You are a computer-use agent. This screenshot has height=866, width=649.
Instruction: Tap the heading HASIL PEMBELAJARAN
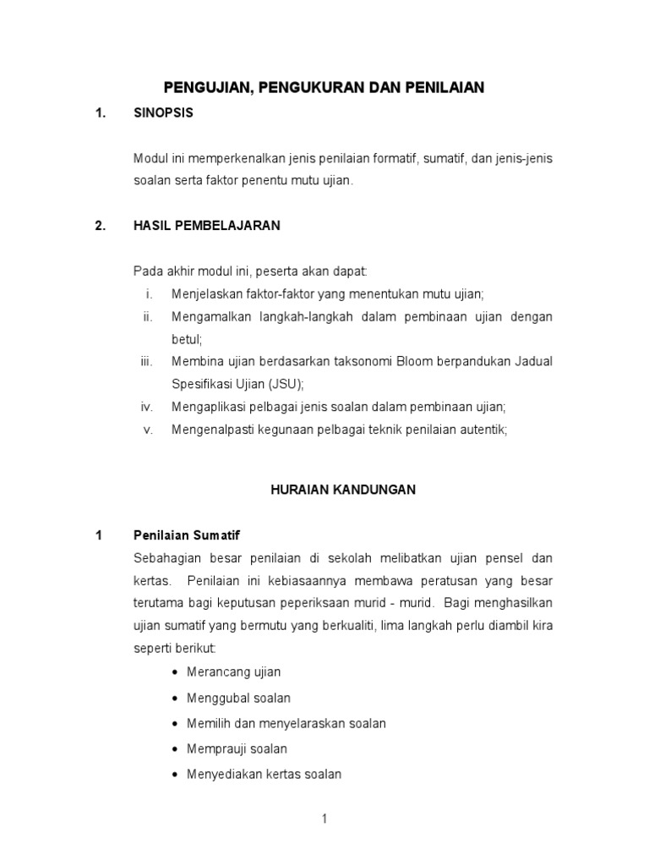click(x=207, y=226)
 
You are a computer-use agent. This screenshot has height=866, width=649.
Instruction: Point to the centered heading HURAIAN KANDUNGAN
click(x=343, y=490)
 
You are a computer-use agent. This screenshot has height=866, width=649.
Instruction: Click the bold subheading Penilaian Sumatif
click(x=188, y=535)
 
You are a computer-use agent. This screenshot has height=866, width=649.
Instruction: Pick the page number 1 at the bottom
click(x=324, y=819)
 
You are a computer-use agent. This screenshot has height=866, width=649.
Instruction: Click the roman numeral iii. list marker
click(x=146, y=361)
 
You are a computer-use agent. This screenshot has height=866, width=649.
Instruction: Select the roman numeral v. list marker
click(x=148, y=429)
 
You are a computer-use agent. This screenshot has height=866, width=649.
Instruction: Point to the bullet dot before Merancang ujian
click(x=174, y=672)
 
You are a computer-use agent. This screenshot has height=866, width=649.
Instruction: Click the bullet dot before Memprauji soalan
click(x=174, y=749)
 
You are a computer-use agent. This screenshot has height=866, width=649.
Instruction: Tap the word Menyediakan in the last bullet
click(x=222, y=774)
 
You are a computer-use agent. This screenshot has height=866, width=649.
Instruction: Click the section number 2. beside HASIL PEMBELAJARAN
click(x=100, y=226)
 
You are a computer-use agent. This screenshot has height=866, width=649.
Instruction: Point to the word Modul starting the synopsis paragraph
click(x=150, y=158)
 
